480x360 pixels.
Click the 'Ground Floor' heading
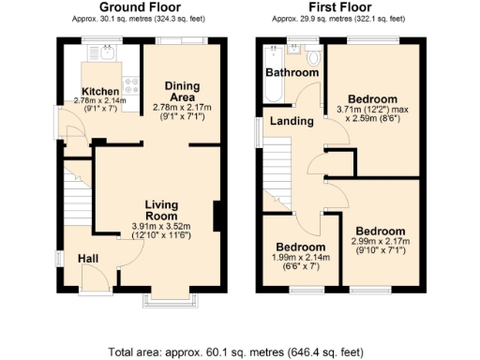140,7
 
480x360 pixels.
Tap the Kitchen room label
99,91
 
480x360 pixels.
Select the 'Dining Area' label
182,91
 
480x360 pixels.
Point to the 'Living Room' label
167,209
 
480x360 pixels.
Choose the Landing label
292,121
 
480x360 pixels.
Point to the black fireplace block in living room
218,217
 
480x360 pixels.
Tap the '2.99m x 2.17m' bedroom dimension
379,243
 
